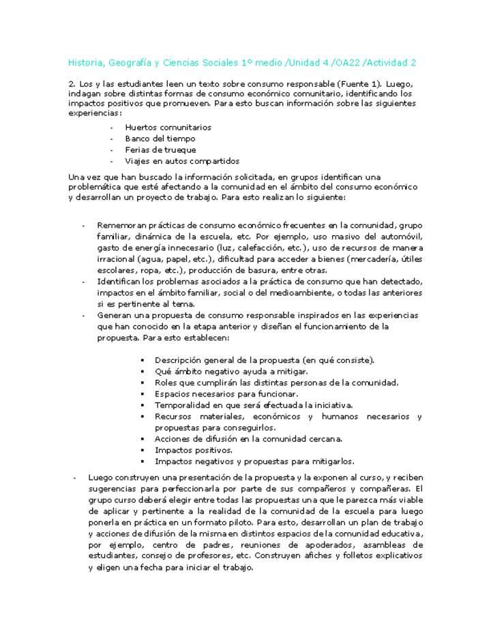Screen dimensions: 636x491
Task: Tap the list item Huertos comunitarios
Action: pyautogui.click(x=168, y=128)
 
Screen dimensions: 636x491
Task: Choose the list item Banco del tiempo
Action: pyautogui.click(x=160, y=139)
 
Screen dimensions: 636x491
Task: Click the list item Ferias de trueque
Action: pyautogui.click(x=160, y=150)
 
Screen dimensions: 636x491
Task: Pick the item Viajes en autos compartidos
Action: pyautogui.click(x=181, y=162)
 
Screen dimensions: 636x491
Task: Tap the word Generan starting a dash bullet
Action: pyautogui.click(x=116, y=315)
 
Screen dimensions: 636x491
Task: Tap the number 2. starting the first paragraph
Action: pyautogui.click(x=72, y=83)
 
